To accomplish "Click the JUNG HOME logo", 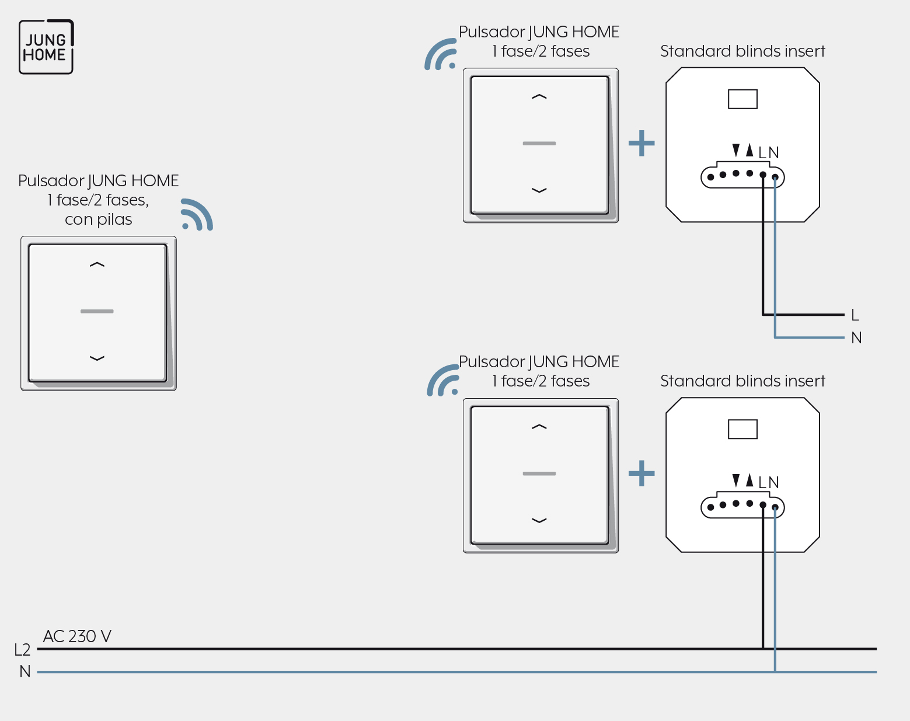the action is click(46, 47).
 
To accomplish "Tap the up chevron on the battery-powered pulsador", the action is click(97, 264).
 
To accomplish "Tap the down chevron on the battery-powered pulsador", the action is click(97, 358).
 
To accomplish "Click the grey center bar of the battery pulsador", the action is click(97, 312).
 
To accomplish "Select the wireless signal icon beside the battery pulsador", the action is click(197, 214).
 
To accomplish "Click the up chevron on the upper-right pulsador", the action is click(539, 97).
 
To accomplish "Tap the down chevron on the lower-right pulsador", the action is click(539, 521).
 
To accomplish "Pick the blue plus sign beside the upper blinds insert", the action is click(641, 143).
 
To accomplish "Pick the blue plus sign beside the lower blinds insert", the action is click(641, 473).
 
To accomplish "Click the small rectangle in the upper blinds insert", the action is click(742, 99).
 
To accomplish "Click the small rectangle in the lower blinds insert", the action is click(742, 429).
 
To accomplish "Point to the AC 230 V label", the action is click(77, 636).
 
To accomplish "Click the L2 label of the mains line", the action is click(22, 650).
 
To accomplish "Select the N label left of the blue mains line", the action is click(25, 671).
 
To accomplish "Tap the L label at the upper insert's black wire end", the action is click(855, 315).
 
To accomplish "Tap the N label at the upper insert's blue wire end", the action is click(856, 338).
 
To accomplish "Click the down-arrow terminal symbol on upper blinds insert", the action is click(736, 150).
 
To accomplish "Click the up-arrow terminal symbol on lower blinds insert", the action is click(749, 480).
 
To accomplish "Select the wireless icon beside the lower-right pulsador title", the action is click(442, 381).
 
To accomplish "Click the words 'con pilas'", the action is click(99, 220).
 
